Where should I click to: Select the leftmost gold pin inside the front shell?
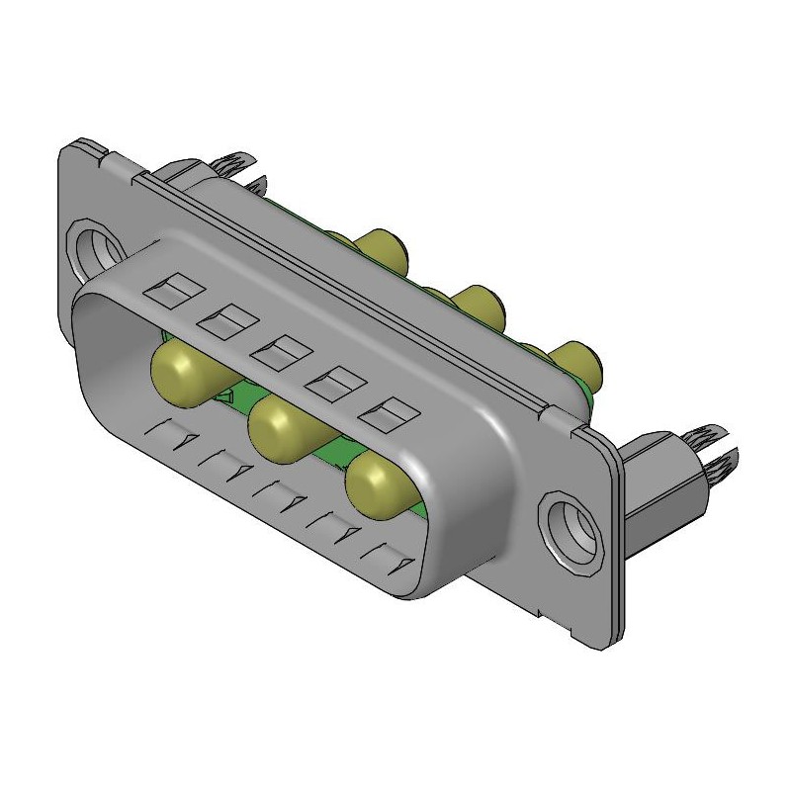[x=177, y=370]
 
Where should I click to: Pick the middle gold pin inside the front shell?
[x=277, y=427]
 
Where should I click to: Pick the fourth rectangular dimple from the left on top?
[x=332, y=381]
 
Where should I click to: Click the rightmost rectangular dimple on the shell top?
[x=386, y=412]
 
